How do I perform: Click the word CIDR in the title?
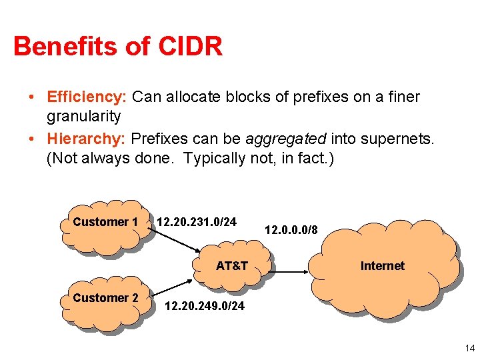pyautogui.click(x=191, y=47)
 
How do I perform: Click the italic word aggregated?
pyautogui.click(x=286, y=139)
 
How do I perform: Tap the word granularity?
pyautogui.click(x=83, y=116)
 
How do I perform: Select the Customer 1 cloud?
pyautogui.click(x=105, y=227)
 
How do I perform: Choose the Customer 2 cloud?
pyautogui.click(x=105, y=303)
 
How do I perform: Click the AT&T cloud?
pyautogui.click(x=232, y=266)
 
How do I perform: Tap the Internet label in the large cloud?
pyautogui.click(x=382, y=266)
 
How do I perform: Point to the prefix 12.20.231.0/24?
pyautogui.click(x=196, y=221)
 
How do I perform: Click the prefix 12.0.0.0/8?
pyautogui.click(x=291, y=230)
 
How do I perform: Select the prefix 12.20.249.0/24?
pyautogui.click(x=204, y=306)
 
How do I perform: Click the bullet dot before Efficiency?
pyautogui.click(x=33, y=97)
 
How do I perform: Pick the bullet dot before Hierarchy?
pyautogui.click(x=33, y=139)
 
